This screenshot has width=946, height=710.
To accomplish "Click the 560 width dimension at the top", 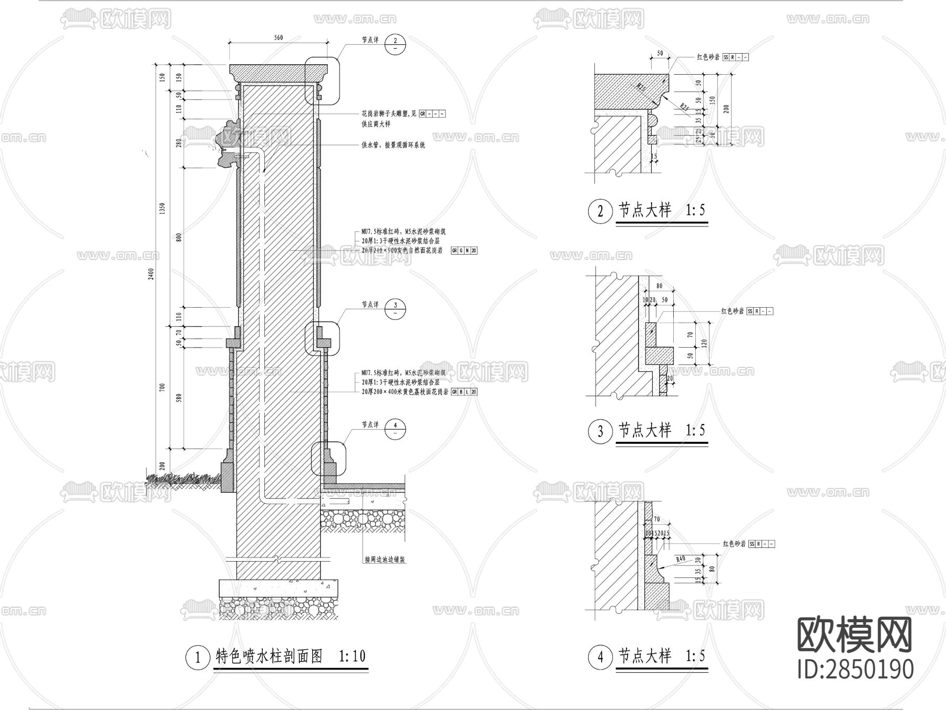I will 279,37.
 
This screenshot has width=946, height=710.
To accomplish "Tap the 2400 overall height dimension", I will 151,274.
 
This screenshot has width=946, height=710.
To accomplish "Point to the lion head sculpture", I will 227,143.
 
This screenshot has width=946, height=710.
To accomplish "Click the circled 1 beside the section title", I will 198,657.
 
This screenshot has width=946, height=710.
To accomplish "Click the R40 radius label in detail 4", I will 681,559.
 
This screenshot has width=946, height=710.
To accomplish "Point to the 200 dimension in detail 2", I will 726,109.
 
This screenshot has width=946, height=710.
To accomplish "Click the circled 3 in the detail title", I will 600,432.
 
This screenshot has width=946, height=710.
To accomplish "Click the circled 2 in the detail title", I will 600,211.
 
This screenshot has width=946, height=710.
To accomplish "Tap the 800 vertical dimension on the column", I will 179,237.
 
